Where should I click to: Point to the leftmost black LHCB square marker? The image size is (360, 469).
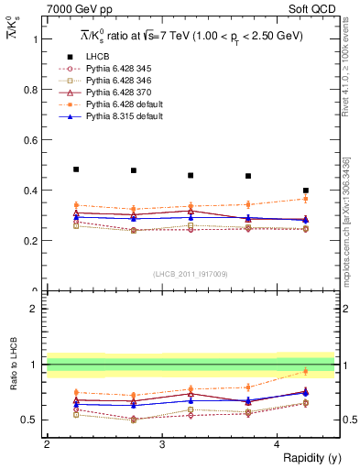[76, 169]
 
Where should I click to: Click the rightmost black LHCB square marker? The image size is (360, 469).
[306, 191]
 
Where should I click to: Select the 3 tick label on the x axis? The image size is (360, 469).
[161, 444]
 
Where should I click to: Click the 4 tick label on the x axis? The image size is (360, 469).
[277, 444]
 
